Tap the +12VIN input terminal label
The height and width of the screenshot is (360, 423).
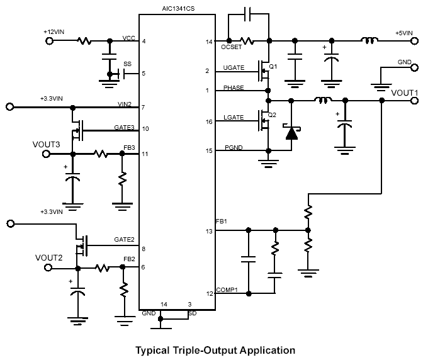pos(54,31)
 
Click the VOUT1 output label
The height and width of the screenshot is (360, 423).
pos(405,93)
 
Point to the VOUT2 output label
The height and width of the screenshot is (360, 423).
pos(49,257)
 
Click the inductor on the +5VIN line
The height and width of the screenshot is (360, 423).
pos(369,42)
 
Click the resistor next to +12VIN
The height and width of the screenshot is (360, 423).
pos(84,42)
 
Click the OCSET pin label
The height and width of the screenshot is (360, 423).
pos(232,48)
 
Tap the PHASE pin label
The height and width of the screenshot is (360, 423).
pos(233,88)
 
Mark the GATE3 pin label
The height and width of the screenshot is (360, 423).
pos(124,127)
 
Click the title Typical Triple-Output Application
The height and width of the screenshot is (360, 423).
pos(215,349)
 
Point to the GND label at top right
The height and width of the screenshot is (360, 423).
pos(405,64)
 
